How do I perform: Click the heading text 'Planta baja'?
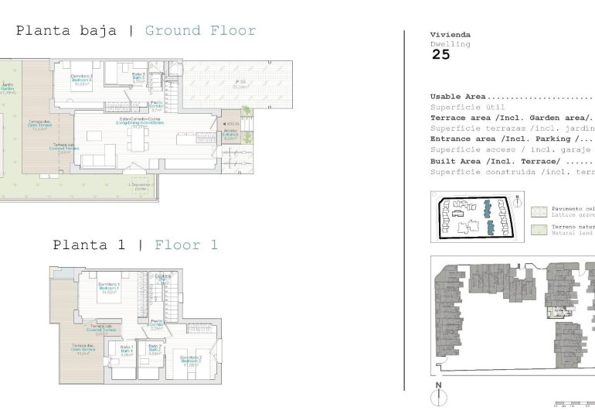pyautogui.click(x=66, y=31)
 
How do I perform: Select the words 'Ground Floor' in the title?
pyautogui.click(x=200, y=31)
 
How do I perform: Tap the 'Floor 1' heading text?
pyautogui.click(x=186, y=245)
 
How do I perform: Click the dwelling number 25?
pyautogui.click(x=440, y=55)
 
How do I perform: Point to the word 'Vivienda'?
pyautogui.click(x=450, y=35)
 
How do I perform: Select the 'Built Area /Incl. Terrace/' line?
pyautogui.click(x=495, y=161)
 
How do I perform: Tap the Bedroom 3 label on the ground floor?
pyautogui.click(x=82, y=77)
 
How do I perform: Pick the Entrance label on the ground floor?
pyautogui.click(x=230, y=134)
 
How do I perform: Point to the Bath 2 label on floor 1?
pyautogui.click(x=155, y=349)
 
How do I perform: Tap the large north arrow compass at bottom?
pyautogui.click(x=438, y=396)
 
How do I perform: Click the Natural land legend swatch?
pyautogui.click(x=539, y=230)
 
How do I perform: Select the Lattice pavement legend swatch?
pyautogui.click(x=539, y=210)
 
